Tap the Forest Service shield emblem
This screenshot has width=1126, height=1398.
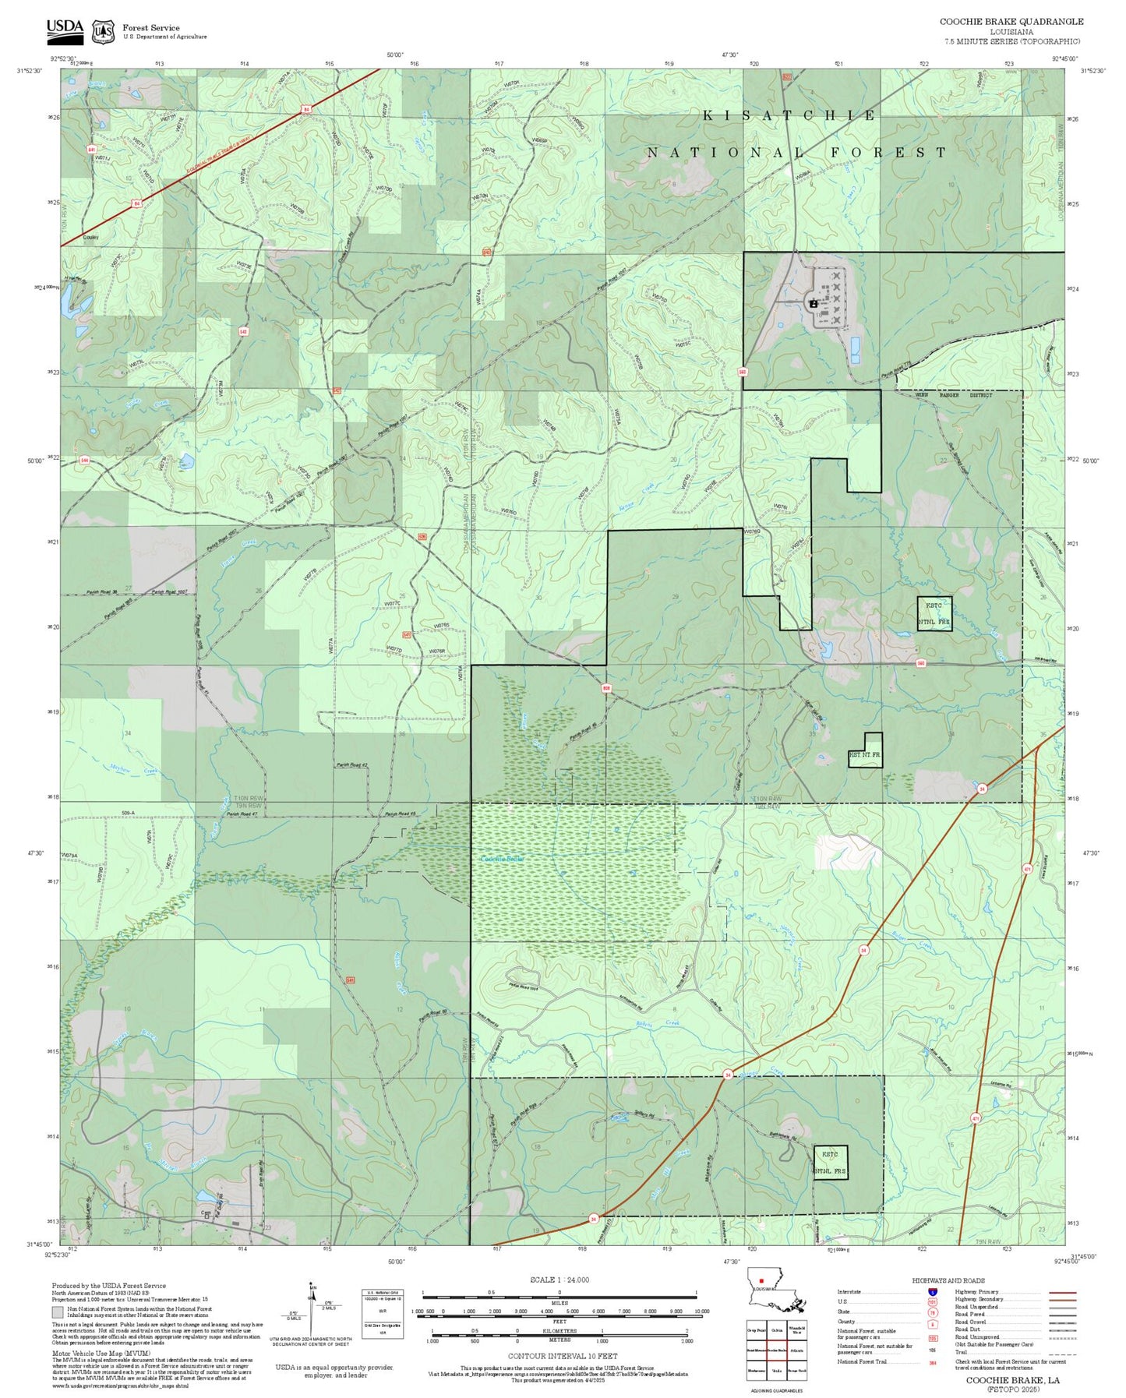click(x=103, y=32)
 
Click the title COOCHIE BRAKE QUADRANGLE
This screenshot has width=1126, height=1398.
click(x=1011, y=22)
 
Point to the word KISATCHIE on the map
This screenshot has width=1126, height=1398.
click(x=789, y=115)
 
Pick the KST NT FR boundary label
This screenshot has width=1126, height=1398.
click(x=865, y=755)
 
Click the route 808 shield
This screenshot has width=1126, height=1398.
click(x=605, y=688)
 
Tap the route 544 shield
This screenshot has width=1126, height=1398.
click(x=84, y=461)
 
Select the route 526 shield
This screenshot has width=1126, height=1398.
click(x=422, y=537)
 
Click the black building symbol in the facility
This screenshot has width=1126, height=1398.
click(x=813, y=303)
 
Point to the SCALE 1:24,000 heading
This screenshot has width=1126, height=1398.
click(x=559, y=1280)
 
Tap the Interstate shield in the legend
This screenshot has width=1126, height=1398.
click(x=932, y=1292)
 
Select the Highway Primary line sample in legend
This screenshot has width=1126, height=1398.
click(x=1062, y=1292)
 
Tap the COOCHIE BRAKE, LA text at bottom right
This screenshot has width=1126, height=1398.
click(x=1012, y=1380)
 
